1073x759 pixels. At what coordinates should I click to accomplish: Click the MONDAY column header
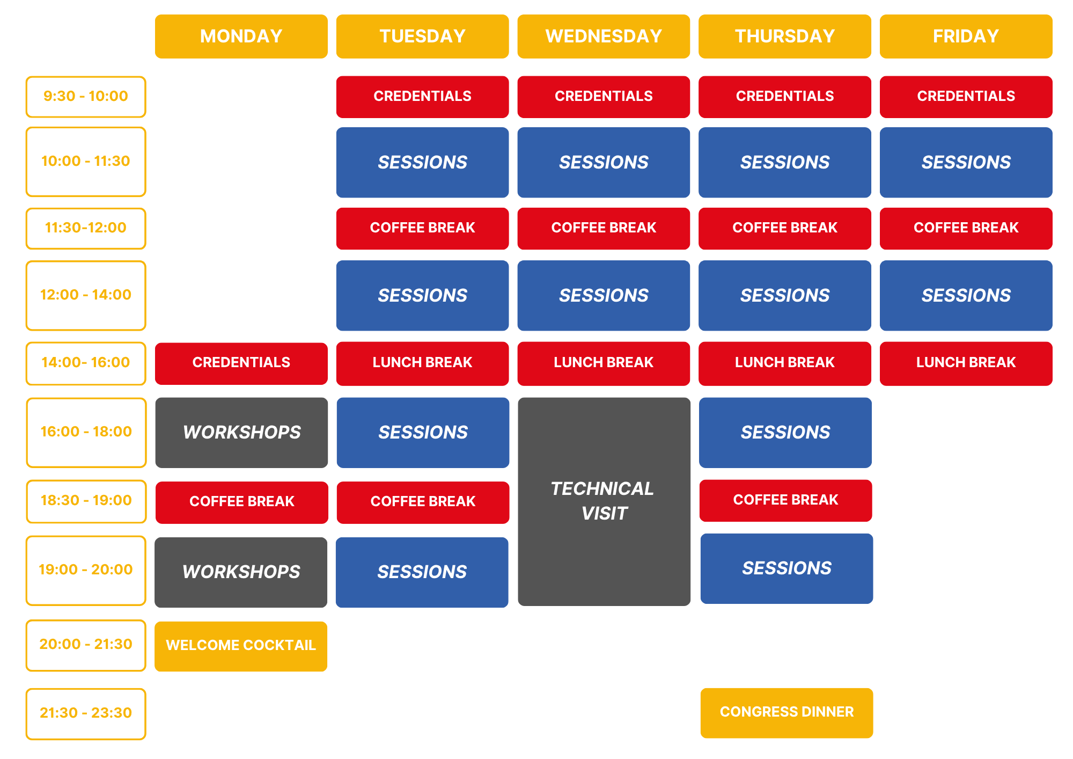pos(241,37)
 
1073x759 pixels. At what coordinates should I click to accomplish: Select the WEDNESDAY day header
pos(604,37)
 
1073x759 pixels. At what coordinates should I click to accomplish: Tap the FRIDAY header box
pos(966,37)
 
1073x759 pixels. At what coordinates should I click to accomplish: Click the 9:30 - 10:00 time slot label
pos(86,97)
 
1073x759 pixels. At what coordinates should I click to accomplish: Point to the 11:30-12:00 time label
pos(86,229)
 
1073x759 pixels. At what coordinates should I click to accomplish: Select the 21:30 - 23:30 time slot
pos(86,714)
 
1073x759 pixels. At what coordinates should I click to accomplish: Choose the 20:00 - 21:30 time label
pos(86,645)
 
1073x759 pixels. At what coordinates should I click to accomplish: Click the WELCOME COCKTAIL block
pos(241,646)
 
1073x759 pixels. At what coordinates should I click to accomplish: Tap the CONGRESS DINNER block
pos(787,713)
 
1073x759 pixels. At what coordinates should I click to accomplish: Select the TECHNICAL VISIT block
pos(604,502)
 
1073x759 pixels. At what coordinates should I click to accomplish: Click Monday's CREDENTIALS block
pos(241,363)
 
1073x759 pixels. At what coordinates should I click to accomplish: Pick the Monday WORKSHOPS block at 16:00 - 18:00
pos(241,433)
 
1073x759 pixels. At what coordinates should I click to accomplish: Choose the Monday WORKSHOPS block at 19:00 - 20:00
pos(241,572)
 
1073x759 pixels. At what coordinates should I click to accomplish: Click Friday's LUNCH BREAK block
pos(966,363)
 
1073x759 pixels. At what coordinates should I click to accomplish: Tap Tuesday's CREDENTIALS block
pos(422,97)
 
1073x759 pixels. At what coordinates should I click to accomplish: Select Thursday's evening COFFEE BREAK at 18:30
pos(785,501)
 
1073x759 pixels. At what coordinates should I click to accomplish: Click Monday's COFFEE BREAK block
pos(241,502)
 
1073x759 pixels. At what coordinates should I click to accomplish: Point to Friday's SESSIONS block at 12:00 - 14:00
pos(966,296)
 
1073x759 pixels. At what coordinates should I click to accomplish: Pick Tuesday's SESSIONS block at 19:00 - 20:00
pos(422,572)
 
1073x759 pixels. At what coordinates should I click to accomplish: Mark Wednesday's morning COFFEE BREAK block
pos(604,229)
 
